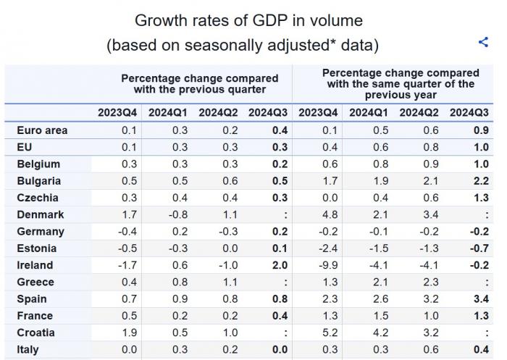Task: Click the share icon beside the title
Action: click(x=483, y=42)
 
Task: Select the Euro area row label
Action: click(x=42, y=130)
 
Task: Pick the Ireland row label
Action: click(x=34, y=265)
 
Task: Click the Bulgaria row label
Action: click(x=38, y=181)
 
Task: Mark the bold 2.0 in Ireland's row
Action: click(x=279, y=265)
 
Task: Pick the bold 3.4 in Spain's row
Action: click(x=479, y=299)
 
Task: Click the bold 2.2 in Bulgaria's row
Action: click(x=479, y=181)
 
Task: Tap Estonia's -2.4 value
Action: click(x=327, y=248)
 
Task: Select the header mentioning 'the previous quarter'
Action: click(x=199, y=84)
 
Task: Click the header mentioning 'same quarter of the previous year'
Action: click(x=401, y=84)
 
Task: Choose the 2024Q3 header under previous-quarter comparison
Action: click(x=268, y=112)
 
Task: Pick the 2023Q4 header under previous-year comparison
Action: click(x=318, y=112)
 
